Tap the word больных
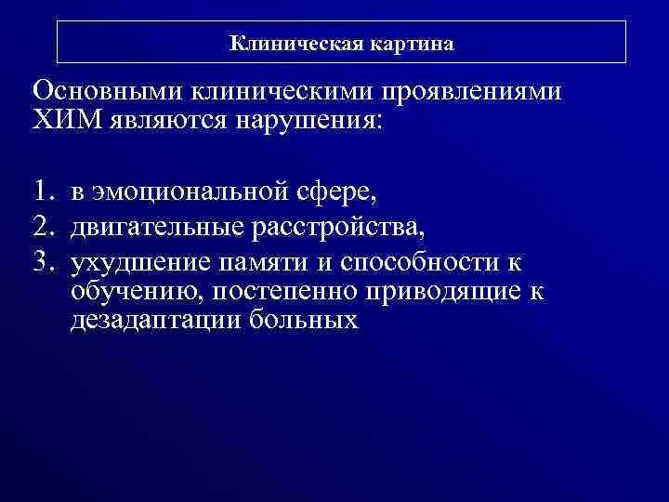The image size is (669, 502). [x=305, y=323]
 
